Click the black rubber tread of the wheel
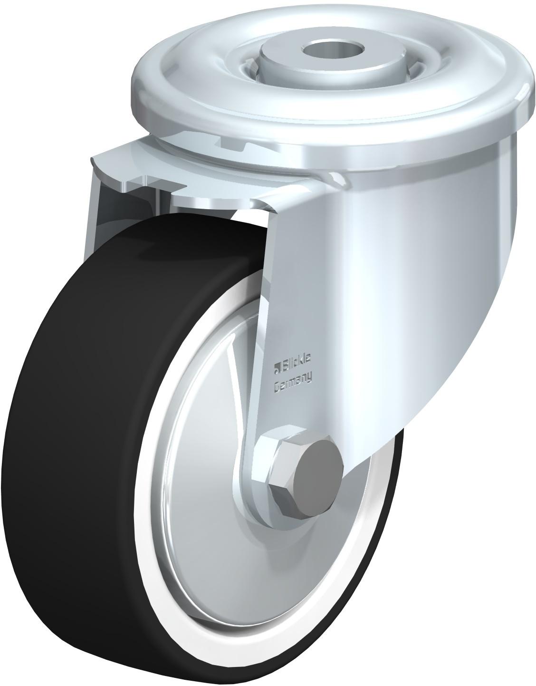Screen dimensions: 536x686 tap(79, 473)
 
